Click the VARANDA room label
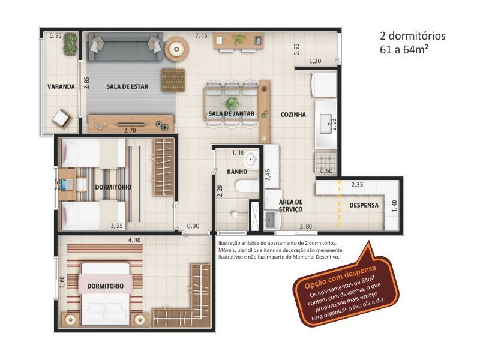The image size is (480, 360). (61, 86)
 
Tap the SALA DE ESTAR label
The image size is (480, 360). (127, 86)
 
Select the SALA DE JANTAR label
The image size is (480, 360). (232, 113)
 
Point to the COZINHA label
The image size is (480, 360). (293, 114)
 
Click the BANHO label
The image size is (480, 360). (237, 172)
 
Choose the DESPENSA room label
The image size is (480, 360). (364, 205)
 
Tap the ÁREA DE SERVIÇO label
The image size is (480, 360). (290, 205)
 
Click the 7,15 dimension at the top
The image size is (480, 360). (202, 37)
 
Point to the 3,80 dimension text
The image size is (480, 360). (306, 226)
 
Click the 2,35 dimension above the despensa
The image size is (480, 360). (358, 184)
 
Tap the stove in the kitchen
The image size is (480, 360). (325, 160)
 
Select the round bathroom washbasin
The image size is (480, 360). (250, 160)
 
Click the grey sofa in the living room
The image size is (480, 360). (125, 47)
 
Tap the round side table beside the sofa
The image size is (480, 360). (176, 49)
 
